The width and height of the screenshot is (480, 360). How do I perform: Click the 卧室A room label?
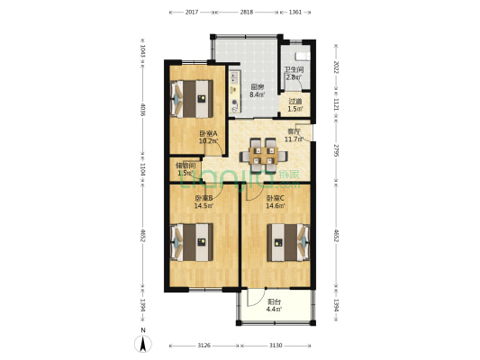(209, 137)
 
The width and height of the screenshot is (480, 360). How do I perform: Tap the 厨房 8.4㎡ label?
(257, 90)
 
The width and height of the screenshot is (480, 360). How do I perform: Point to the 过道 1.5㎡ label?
(295, 104)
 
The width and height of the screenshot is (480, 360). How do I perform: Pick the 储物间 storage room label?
(186, 168)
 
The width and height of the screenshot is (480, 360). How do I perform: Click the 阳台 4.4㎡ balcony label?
(274, 305)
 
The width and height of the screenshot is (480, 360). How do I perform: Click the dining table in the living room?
(264, 154)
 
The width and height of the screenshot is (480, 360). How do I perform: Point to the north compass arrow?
(143, 342)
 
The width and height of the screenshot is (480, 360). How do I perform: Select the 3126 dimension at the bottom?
(204, 346)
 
